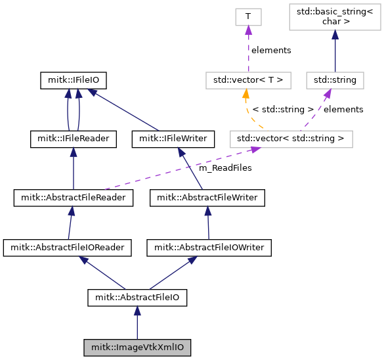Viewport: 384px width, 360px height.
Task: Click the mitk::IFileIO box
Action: click(x=74, y=80)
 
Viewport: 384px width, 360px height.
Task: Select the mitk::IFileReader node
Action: click(x=74, y=139)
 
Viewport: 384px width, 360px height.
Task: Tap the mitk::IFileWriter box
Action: click(x=173, y=139)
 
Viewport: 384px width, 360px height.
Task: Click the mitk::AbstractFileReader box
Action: click(x=74, y=198)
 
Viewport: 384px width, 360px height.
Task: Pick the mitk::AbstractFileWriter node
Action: click(x=207, y=198)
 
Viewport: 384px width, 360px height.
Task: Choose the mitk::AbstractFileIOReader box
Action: click(x=68, y=248)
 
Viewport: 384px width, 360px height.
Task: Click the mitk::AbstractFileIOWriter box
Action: click(x=209, y=248)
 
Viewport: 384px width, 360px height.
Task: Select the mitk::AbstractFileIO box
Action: click(x=137, y=298)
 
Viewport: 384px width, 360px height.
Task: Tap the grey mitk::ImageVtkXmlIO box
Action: click(x=137, y=348)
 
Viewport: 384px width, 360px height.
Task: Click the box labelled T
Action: click(x=248, y=17)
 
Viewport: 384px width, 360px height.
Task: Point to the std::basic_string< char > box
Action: click(x=335, y=17)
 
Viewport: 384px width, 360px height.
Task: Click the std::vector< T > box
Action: click(x=248, y=80)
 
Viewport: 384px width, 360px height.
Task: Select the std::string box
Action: click(x=335, y=80)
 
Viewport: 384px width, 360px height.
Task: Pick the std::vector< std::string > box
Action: click(x=291, y=139)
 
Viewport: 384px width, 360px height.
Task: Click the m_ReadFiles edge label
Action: click(x=225, y=168)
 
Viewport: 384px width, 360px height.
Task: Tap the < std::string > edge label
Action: click(x=283, y=109)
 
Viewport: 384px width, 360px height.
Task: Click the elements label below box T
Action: click(x=271, y=50)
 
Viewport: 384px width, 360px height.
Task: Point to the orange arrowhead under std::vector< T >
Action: click(x=245, y=94)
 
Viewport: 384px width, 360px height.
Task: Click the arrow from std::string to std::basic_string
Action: click(x=335, y=51)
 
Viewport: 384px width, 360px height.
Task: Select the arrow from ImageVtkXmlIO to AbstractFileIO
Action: click(x=137, y=323)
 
